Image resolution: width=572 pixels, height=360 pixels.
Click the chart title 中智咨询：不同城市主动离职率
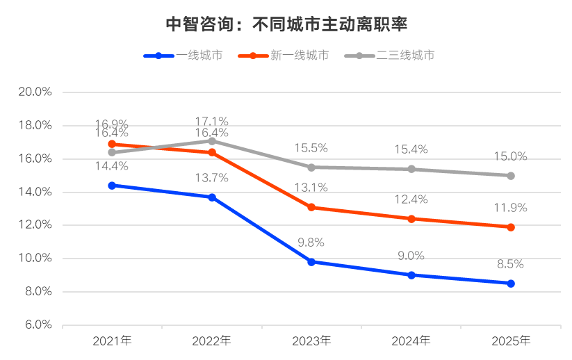pos(286,24)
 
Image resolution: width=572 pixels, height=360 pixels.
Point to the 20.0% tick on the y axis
pos(39,92)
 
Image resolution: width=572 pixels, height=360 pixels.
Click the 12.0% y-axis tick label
pos(39,225)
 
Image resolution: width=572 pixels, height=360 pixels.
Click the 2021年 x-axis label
pos(112,341)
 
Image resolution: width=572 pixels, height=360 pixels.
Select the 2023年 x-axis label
pos(311,341)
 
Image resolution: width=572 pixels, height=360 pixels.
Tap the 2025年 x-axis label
pos(511,341)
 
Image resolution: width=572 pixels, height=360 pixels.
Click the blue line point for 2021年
pos(112,186)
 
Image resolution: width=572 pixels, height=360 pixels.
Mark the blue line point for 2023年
pos(311,262)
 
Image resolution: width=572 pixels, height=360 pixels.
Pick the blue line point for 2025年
pos(511,284)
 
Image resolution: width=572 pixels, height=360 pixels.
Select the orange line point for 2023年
pos(311,207)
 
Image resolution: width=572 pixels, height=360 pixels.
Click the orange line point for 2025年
pos(511,227)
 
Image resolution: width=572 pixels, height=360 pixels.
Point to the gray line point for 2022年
pos(212,141)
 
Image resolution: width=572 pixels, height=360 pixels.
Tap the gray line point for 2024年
pos(411,169)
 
